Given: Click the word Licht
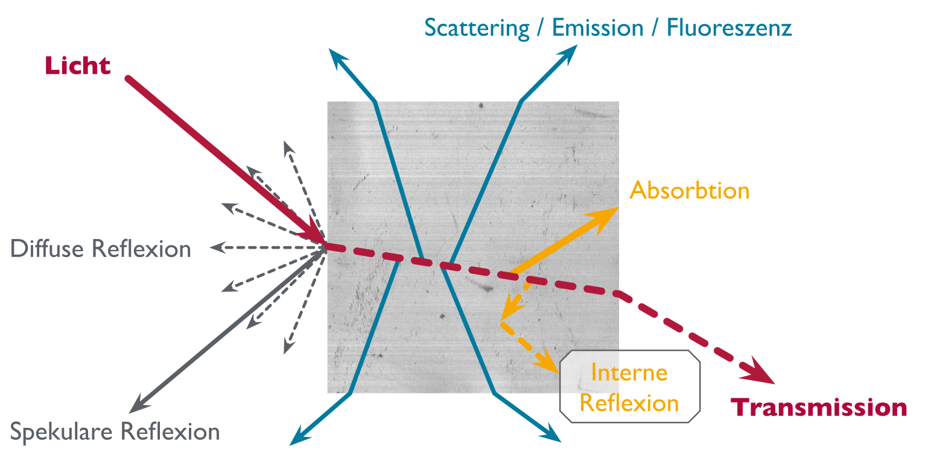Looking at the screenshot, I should coord(78,66).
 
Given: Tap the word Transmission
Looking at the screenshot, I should coord(819,409).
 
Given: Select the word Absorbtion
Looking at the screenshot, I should coord(689,191).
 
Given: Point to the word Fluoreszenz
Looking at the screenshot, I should coord(729,28).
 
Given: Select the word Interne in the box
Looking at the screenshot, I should coord(629,373).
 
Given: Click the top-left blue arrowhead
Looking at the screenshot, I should coord(337,56).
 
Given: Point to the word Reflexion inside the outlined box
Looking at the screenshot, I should coord(629,403).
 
